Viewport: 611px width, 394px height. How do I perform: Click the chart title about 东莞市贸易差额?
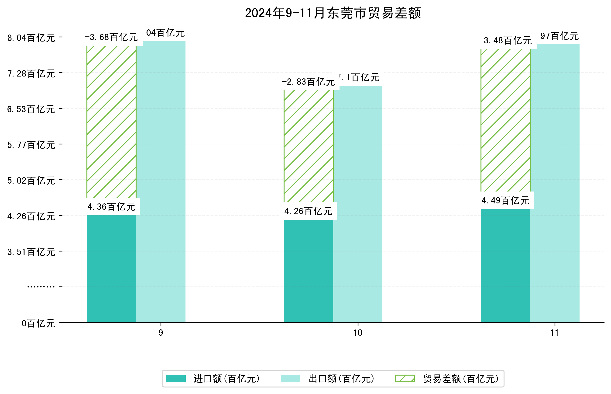[x=333, y=13]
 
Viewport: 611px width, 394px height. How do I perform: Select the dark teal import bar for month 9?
[x=111, y=269]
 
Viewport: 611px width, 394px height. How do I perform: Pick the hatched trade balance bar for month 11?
[x=505, y=120]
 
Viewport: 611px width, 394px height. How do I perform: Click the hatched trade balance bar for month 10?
[x=309, y=146]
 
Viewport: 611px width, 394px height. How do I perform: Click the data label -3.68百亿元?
[x=111, y=38]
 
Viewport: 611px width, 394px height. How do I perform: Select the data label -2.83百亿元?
[x=308, y=82]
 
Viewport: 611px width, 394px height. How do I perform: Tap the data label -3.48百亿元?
[x=505, y=41]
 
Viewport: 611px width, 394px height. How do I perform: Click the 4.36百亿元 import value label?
[x=111, y=207]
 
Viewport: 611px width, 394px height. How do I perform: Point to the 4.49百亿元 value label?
[x=505, y=201]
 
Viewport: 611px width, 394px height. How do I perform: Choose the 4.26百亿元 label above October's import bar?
[x=308, y=211]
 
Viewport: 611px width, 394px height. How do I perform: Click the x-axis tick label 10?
[x=357, y=333]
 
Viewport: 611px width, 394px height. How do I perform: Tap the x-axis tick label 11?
[x=554, y=333]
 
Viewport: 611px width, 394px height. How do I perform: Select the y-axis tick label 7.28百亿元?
[x=31, y=74]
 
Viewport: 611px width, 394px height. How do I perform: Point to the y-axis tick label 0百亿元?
[x=38, y=323]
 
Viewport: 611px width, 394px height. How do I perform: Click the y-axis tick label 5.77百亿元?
[x=31, y=145]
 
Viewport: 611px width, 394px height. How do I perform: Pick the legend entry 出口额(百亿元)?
[x=341, y=379]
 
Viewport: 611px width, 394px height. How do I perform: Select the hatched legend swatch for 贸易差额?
[x=405, y=378]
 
